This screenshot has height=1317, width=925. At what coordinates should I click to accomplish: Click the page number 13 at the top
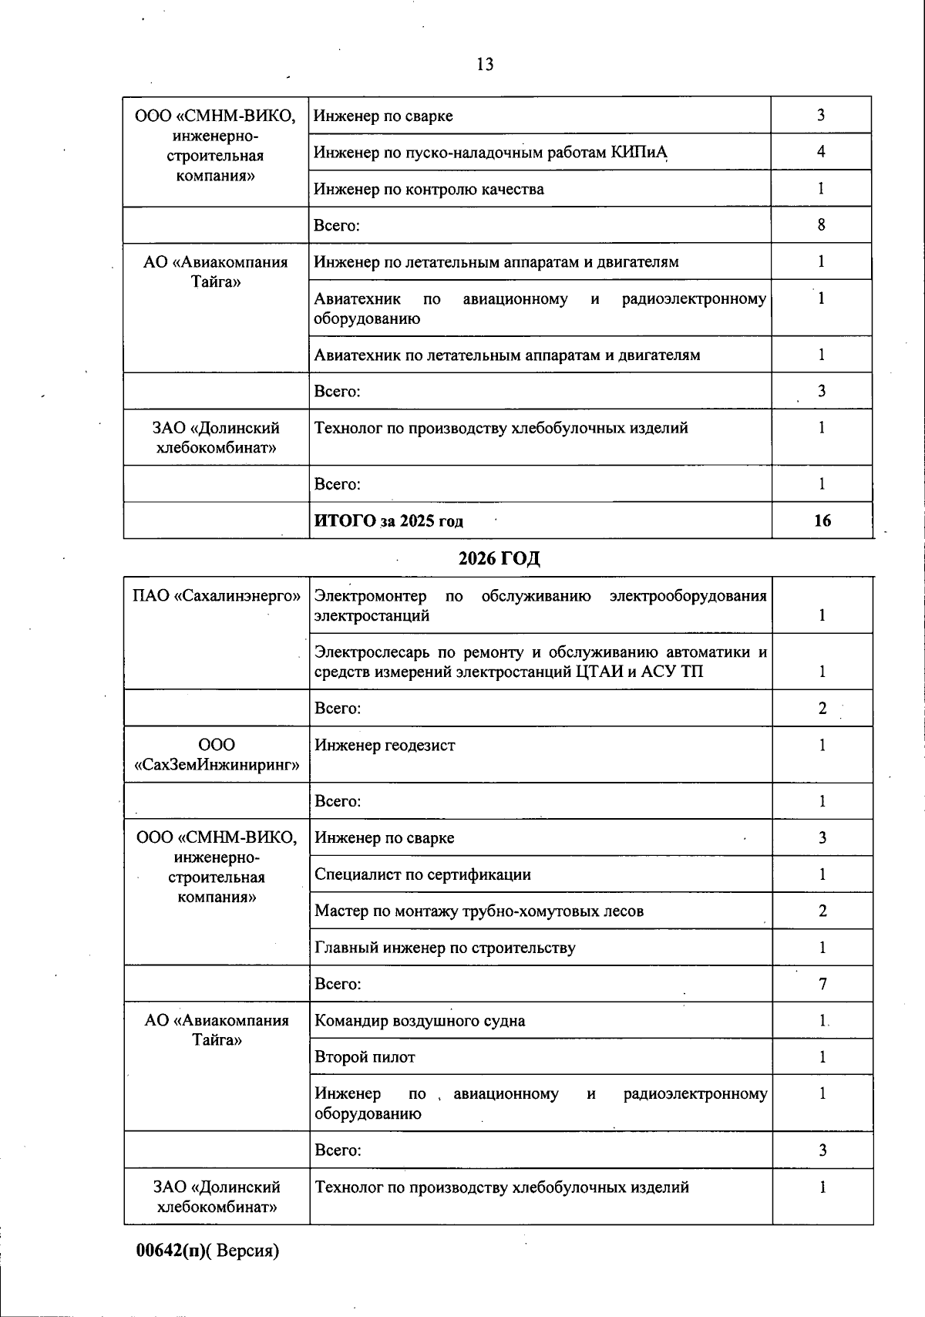click(485, 65)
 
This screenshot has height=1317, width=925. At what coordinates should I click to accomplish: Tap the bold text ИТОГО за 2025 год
click(388, 521)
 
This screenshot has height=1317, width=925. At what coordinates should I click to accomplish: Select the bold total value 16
click(822, 520)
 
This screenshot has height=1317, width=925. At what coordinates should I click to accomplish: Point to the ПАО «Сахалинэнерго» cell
click(216, 596)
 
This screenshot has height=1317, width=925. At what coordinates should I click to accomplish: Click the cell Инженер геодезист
click(385, 746)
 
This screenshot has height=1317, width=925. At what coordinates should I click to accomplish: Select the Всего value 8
click(821, 225)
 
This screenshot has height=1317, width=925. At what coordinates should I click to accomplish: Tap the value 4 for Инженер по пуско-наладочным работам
click(821, 152)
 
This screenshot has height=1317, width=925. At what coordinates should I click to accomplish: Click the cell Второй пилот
click(365, 1057)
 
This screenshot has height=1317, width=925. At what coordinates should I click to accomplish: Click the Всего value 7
click(822, 985)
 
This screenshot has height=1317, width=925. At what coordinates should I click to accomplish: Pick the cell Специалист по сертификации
click(422, 874)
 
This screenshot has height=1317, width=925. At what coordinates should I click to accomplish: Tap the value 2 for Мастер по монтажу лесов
click(822, 911)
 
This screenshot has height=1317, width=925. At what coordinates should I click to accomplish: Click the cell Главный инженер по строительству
click(445, 948)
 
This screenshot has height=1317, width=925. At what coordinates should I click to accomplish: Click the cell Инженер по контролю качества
click(429, 189)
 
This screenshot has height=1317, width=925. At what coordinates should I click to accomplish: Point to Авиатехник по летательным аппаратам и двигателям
click(507, 355)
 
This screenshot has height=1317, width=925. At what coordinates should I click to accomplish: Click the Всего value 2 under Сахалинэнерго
click(822, 709)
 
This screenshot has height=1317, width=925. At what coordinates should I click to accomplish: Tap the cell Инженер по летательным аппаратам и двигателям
click(496, 262)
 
